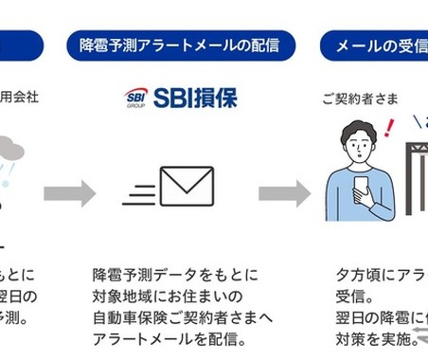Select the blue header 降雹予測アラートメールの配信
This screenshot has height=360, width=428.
[x=180, y=45]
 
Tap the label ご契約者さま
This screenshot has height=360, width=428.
[x=360, y=99]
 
